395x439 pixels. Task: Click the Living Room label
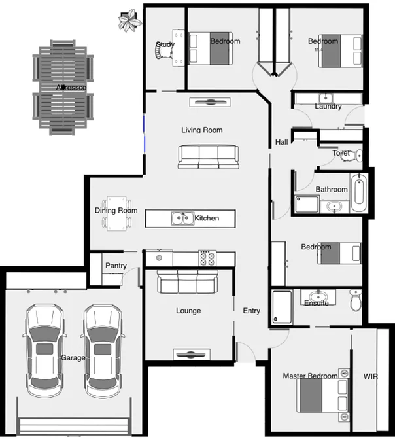201,130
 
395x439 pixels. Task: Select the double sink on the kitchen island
182,218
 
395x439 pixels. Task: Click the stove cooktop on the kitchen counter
207,258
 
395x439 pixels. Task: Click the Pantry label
115,266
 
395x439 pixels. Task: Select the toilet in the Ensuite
355,301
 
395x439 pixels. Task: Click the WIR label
370,376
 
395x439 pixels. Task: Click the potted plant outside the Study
129,20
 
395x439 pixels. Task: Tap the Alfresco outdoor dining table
63,87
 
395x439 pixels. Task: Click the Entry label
251,311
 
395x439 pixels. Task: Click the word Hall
281,142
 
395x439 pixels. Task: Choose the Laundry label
328,107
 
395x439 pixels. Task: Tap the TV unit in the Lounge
192,354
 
